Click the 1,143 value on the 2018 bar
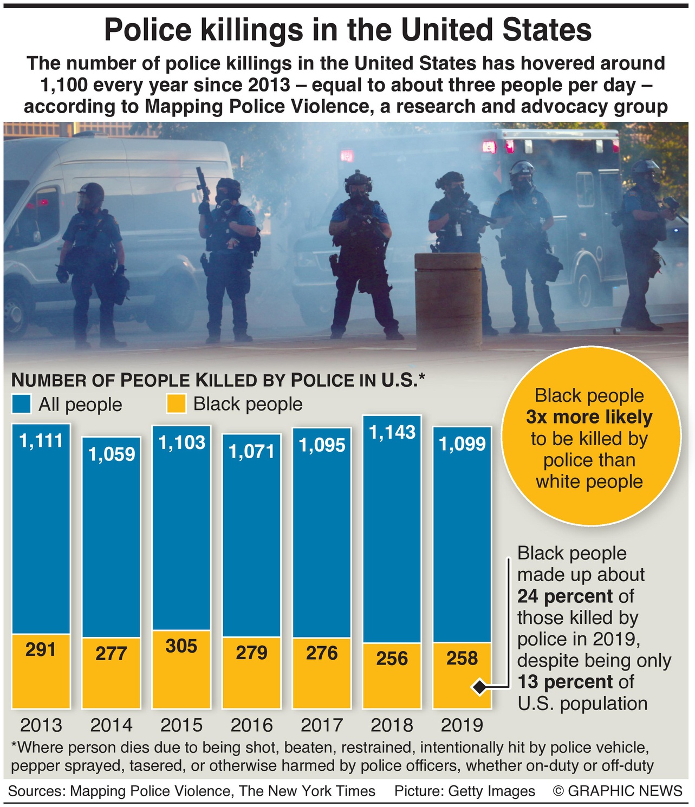coord(392,432)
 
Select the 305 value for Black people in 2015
coord(181,646)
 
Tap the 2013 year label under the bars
coord(41,725)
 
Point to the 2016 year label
coord(252,725)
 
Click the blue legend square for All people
coord(22,404)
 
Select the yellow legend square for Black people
coord(176,404)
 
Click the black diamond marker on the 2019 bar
coord(479,687)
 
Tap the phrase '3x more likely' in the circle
coord(589,417)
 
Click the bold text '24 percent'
coord(564,596)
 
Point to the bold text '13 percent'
coord(564,681)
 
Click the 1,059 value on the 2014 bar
coord(112,454)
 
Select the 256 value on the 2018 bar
coord(392,658)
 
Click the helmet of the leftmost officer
coord(91,193)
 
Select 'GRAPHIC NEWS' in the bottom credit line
coord(625,791)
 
